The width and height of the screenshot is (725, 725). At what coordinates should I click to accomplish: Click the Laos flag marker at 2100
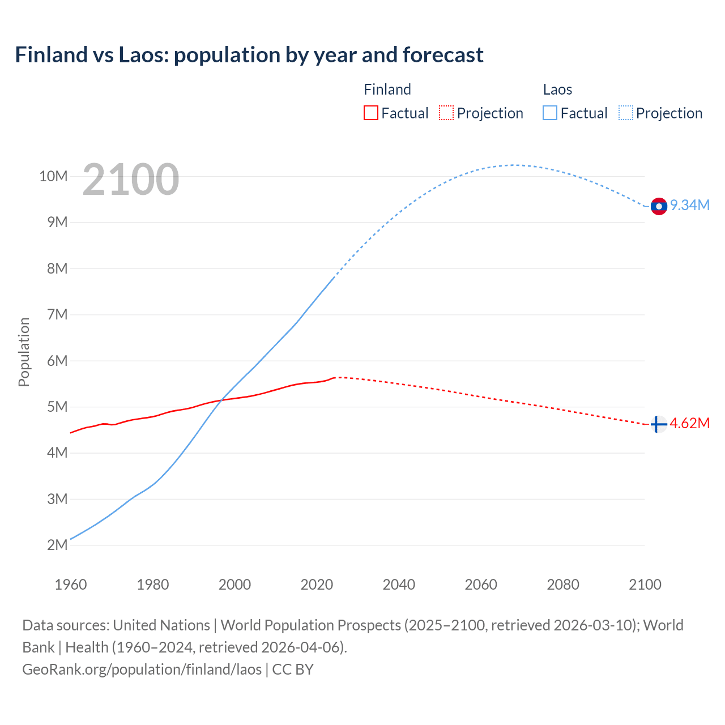coord(658,206)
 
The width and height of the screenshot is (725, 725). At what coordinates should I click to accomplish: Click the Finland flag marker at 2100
coord(658,424)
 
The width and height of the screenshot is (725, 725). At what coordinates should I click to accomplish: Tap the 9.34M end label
coord(690,205)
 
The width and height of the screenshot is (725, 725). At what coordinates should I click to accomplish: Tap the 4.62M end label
coord(690,424)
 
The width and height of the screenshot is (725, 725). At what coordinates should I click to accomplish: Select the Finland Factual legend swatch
coord(370,113)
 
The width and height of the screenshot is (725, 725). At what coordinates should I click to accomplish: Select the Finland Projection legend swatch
coord(446,113)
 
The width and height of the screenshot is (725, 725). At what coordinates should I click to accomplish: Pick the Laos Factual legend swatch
coord(550,113)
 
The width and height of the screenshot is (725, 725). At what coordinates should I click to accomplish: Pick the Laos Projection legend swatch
coord(626,113)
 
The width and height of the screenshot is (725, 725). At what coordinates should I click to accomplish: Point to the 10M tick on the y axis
coord(53,176)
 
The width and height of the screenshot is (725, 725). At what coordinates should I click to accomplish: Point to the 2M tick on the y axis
coord(57,545)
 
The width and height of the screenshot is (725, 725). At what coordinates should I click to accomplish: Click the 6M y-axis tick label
coord(57,361)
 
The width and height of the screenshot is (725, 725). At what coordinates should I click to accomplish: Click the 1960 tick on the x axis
coord(71,585)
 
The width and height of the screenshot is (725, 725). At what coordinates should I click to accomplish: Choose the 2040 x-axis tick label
coord(399,585)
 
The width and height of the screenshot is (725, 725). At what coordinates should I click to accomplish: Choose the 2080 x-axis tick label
coord(563,585)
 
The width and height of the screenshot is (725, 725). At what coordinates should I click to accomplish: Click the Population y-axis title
coord(24,352)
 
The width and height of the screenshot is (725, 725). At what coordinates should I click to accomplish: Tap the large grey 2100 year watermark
coord(131,180)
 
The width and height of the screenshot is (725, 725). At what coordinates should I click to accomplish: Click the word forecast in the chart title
coord(443,55)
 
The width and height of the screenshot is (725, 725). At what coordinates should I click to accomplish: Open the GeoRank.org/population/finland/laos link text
coord(142,669)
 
